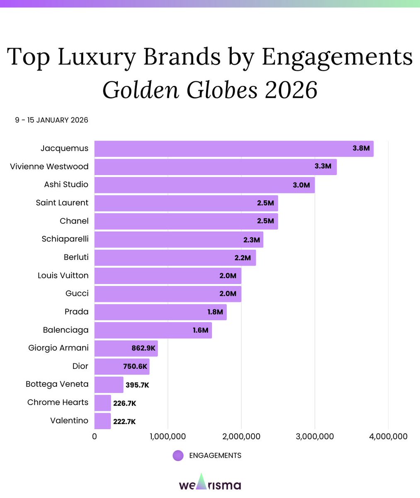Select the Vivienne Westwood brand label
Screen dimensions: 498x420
(x=49, y=166)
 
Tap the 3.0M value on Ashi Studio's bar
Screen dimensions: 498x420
(x=301, y=185)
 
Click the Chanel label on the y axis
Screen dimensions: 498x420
(x=74, y=221)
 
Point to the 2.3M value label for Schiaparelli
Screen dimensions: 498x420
(x=251, y=239)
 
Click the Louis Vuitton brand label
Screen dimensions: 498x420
(x=63, y=276)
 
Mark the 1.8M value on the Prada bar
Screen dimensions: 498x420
(x=215, y=312)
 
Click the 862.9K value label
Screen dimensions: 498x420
(x=143, y=349)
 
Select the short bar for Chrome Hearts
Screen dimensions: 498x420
(x=102, y=403)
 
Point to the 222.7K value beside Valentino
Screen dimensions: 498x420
(x=124, y=422)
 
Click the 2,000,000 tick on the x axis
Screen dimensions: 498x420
(x=241, y=437)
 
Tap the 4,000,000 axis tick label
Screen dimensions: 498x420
(x=388, y=437)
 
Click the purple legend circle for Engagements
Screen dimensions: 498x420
(x=178, y=456)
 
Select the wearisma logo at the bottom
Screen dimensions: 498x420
(x=210, y=483)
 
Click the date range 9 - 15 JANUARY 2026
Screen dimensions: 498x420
(x=51, y=120)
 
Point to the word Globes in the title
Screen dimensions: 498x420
(x=222, y=90)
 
